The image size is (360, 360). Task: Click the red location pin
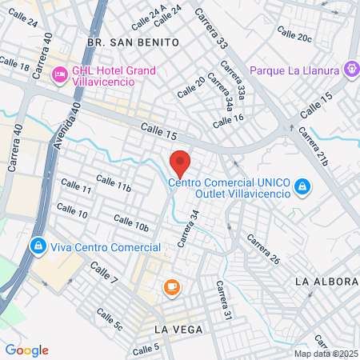(x=181, y=162)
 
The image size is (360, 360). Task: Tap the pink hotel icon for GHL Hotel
(x=58, y=75)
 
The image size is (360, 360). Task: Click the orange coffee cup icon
(x=171, y=286)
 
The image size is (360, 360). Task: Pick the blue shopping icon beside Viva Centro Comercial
(x=37, y=246)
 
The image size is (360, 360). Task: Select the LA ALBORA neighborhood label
(x=326, y=282)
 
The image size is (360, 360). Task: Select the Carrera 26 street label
(x=262, y=250)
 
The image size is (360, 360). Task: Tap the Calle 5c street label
(x=108, y=318)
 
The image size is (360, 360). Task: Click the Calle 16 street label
(x=228, y=119)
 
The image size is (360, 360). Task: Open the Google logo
(x=27, y=350)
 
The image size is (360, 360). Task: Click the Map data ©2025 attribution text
(x=325, y=354)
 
